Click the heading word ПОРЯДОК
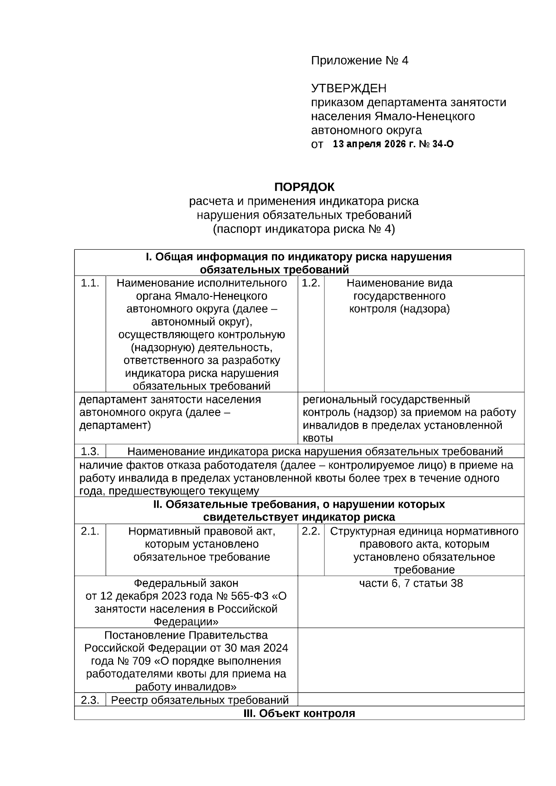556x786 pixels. click(304, 187)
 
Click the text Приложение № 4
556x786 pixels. click(360, 61)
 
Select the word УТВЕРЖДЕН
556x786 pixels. click(348, 88)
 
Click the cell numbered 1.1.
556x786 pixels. click(90, 283)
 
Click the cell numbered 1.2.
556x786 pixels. click(311, 283)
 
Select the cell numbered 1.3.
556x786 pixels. click(90, 451)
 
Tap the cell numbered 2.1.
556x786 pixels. click(90, 531)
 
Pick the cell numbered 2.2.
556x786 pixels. click(311, 531)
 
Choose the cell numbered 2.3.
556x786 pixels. click(90, 700)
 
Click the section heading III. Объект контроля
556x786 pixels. click(299, 713)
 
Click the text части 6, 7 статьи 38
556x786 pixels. click(411, 583)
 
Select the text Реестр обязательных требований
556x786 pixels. click(200, 700)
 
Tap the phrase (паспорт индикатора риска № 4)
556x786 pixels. click(304, 229)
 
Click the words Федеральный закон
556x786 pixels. click(186, 583)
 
